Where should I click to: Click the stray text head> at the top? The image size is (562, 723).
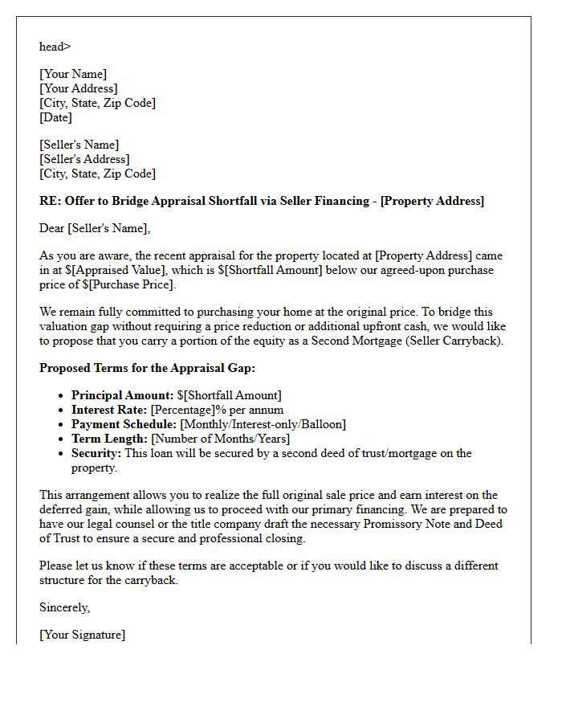[x=55, y=47]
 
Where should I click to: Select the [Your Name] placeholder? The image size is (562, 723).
[x=73, y=74]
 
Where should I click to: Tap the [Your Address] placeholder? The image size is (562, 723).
[x=79, y=88]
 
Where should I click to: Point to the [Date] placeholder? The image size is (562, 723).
[x=55, y=117]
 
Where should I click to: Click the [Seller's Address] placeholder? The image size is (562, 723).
[x=84, y=159]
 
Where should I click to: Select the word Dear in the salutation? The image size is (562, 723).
[x=52, y=228]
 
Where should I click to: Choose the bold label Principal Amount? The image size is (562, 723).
[x=122, y=395]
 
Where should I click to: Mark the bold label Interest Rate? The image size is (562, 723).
[x=109, y=410]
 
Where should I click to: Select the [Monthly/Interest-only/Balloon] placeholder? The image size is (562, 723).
[x=263, y=424]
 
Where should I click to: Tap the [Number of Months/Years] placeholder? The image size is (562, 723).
[x=221, y=439]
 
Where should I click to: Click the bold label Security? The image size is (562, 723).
[x=96, y=453]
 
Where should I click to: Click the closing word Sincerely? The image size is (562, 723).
[x=65, y=607]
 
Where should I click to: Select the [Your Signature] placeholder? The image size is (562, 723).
[x=83, y=635]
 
